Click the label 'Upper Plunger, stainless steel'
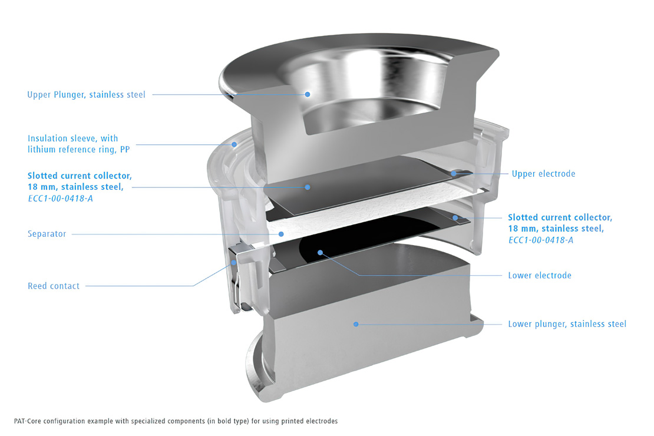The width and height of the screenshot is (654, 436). coord(86,94)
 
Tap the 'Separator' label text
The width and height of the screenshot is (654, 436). coord(47,234)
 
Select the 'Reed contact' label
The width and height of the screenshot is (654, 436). coord(54,286)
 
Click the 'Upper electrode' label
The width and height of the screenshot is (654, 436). coord(543,174)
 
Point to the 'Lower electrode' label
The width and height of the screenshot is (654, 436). coord(540,275)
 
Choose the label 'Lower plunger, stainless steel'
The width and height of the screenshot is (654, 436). coord(567,324)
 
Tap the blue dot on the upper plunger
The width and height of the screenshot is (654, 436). coord(307,94)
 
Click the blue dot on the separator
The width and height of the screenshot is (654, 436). coord(281,234)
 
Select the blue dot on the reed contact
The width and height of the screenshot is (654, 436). coord(234,263)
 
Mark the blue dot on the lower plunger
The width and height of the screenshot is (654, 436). coord(355,323)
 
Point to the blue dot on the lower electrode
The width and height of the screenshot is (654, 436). coord(321,253)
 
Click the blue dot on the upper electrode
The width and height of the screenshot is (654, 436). coord(454,173)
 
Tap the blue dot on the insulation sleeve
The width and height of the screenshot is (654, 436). coord(234,144)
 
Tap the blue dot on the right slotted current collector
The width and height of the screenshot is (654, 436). coord(455,218)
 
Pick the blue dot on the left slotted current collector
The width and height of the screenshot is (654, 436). coord(307,187)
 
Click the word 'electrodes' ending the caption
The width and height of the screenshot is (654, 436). coord(321,421)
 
